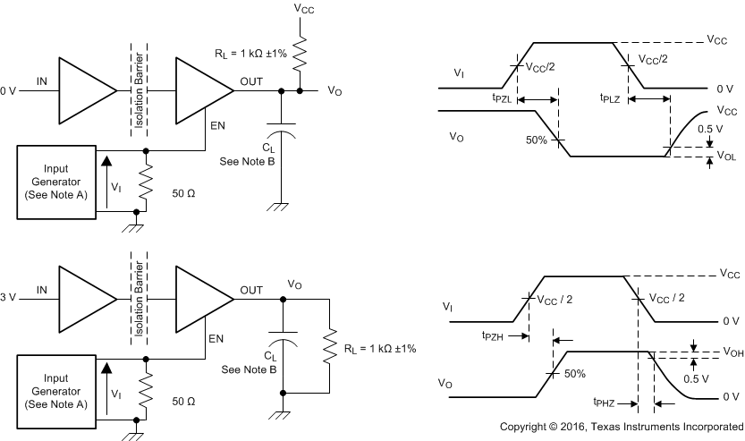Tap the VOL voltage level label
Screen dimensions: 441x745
(727, 156)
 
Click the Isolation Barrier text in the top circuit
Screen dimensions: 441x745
(138, 89)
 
